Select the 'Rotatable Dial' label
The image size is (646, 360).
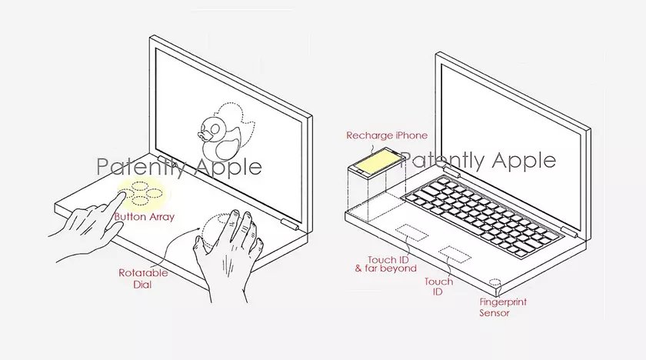tap(143, 278)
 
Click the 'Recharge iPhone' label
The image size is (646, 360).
tap(386, 135)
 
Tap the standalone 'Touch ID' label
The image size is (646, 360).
tap(438, 287)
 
